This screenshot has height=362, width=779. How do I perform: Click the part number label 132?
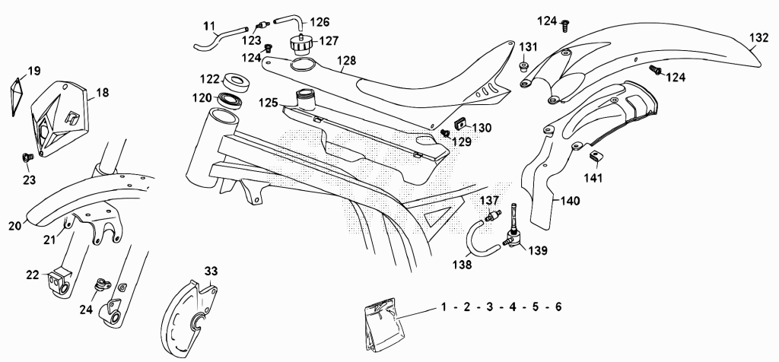point(758,38)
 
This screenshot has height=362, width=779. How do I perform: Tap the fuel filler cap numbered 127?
point(300,44)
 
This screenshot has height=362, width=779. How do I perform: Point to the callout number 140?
point(570,201)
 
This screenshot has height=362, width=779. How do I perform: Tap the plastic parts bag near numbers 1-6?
point(382,325)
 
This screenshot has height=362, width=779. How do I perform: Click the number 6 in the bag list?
point(558,307)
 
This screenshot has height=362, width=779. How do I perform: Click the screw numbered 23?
point(27,158)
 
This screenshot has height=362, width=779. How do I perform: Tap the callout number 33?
point(211,271)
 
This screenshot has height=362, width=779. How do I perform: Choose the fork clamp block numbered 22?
point(59,283)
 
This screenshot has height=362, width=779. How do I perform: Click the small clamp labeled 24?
point(101,285)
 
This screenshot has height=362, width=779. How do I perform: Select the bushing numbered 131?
point(525,65)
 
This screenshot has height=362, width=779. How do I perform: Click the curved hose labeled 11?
point(220,38)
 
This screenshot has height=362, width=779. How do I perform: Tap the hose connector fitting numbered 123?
point(262,24)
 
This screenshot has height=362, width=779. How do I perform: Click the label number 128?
point(346,60)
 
